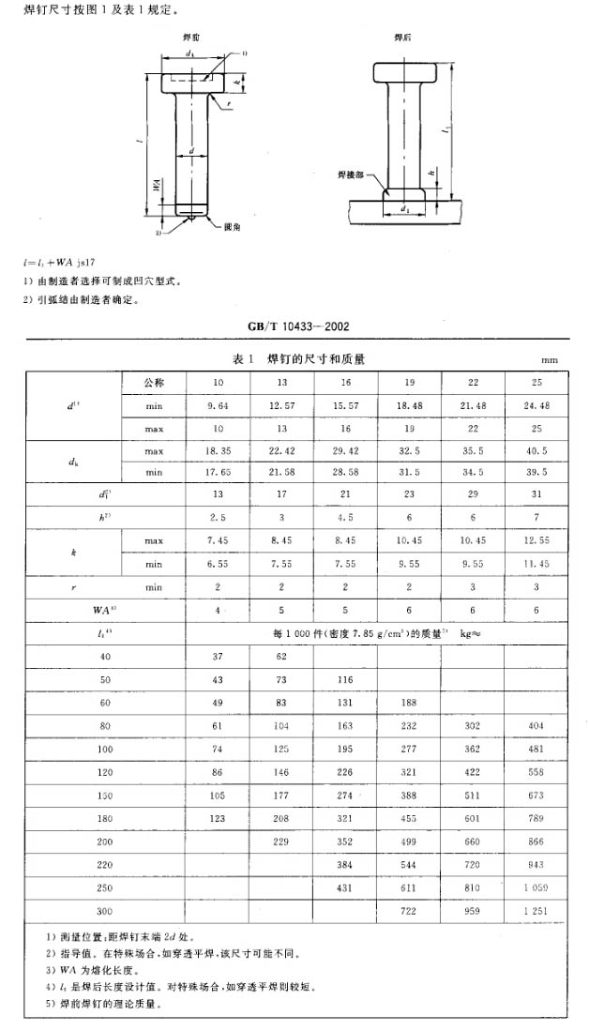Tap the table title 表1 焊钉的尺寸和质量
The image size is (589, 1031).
(299, 358)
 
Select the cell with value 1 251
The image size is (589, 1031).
(537, 910)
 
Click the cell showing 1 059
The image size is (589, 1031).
(537, 886)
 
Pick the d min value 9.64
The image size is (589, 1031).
(218, 407)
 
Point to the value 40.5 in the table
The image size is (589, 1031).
(537, 450)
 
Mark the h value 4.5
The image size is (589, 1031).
(346, 517)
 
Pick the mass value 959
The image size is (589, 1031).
(474, 910)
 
